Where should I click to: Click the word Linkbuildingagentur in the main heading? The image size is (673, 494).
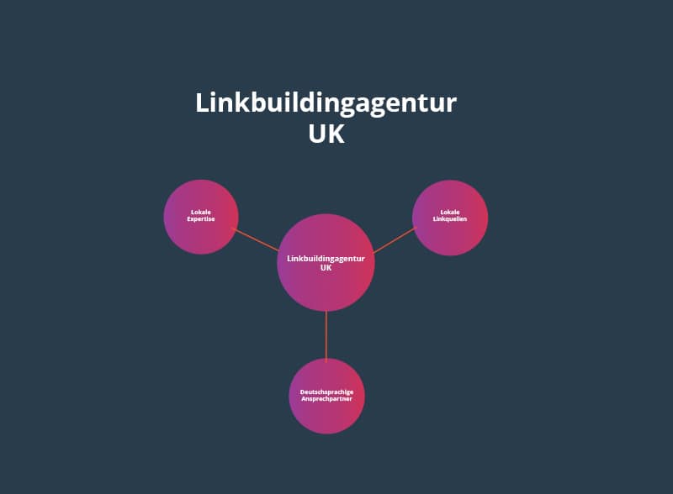(x=326, y=103)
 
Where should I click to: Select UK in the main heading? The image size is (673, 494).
(x=326, y=134)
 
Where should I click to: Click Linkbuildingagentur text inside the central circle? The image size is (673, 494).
(x=326, y=258)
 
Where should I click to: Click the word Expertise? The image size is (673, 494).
(x=201, y=219)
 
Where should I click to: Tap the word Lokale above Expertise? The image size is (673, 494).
(x=201, y=213)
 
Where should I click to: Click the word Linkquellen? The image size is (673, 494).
(x=450, y=219)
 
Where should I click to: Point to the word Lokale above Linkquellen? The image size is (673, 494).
(x=450, y=212)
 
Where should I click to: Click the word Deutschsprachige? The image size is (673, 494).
(x=327, y=392)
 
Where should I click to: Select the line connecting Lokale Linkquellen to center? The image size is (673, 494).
(x=394, y=239)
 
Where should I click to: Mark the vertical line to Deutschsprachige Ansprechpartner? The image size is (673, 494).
(x=326, y=334)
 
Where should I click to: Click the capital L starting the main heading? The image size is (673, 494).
(x=202, y=103)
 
